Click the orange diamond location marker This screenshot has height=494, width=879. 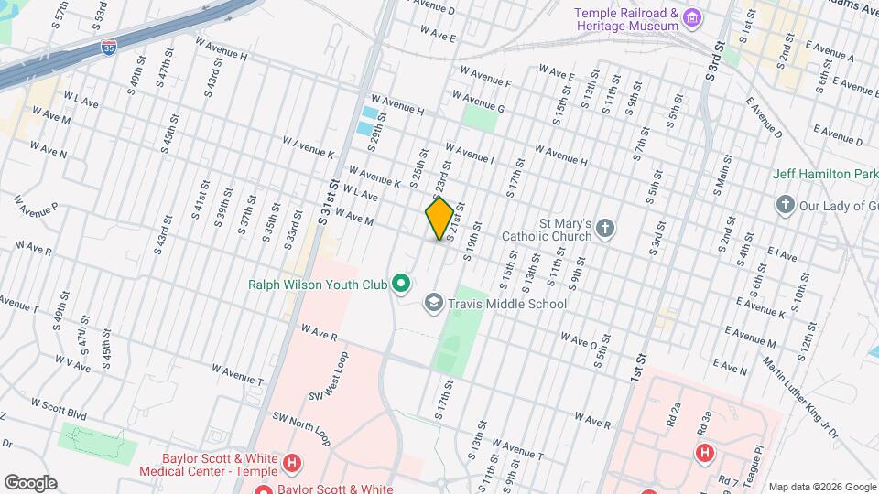(439, 219)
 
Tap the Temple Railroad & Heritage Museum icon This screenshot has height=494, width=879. (692, 18)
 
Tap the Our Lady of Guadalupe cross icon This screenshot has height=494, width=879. (784, 205)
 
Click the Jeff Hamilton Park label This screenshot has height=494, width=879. (825, 174)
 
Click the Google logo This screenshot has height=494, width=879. (30, 482)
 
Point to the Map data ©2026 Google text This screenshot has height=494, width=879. (821, 487)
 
